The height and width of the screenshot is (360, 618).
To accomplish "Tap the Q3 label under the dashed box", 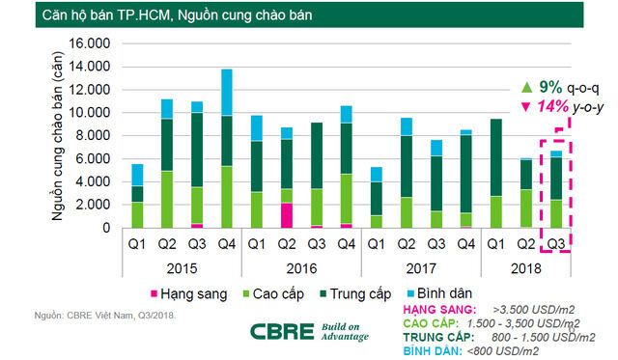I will coord(556,242).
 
